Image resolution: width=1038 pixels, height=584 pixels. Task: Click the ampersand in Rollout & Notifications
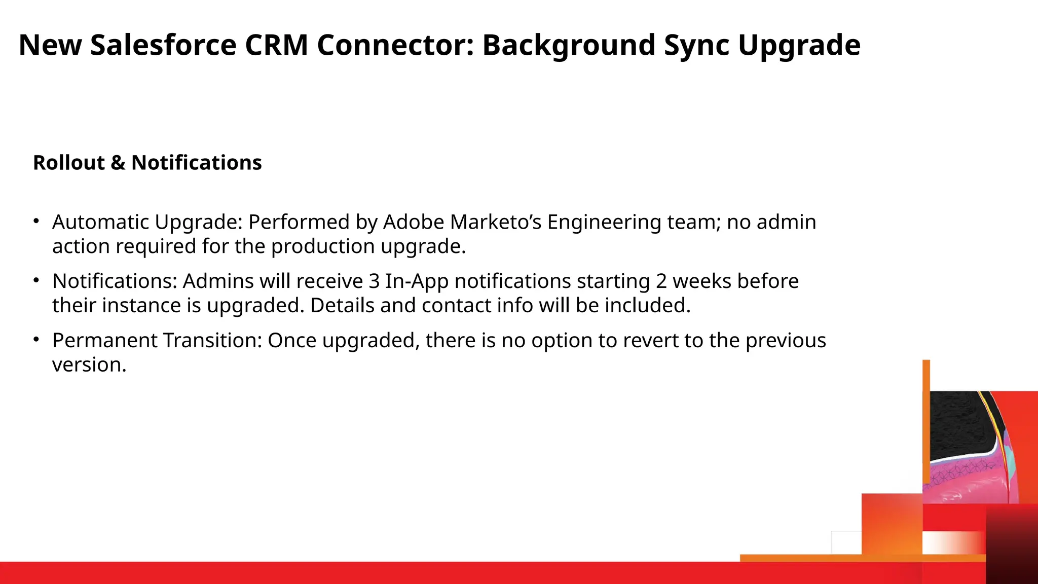coord(118,163)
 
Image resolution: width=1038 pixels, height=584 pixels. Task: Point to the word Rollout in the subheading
coord(69,163)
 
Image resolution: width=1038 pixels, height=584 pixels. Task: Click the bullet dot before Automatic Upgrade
coord(36,221)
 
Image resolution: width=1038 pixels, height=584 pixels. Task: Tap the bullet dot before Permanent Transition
coord(36,339)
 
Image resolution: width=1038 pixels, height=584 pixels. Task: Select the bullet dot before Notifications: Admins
coord(36,280)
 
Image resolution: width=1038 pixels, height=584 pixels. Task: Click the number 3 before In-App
coord(374,281)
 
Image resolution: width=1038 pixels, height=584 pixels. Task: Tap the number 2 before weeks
coord(661,281)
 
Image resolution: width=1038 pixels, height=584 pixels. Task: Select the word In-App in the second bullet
coord(417,282)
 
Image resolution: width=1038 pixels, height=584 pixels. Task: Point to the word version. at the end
coord(89,365)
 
